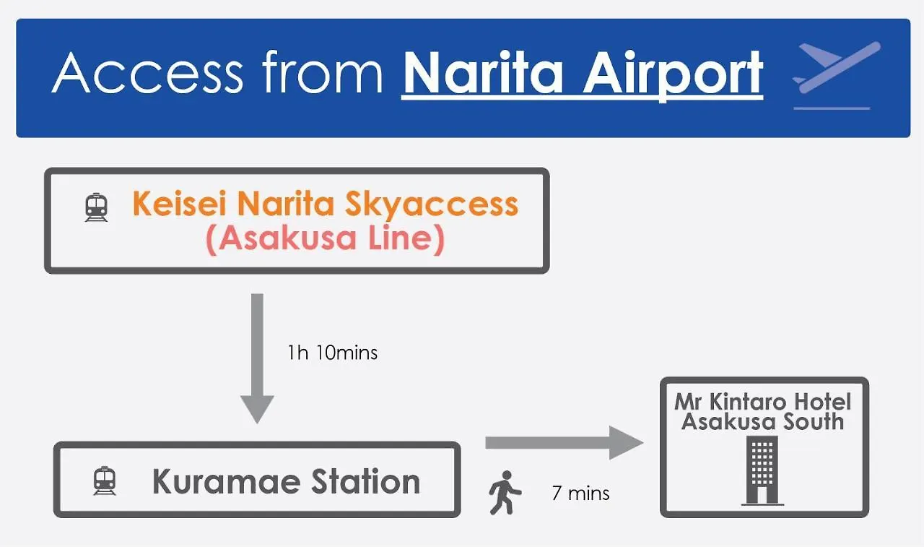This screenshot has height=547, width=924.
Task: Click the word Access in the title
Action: click(x=148, y=73)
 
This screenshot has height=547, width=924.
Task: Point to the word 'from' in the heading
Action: click(x=322, y=73)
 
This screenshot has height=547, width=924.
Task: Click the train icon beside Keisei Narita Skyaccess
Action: click(x=96, y=208)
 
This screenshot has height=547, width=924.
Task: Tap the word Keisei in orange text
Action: click(x=180, y=204)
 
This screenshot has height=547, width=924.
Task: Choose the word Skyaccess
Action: click(x=431, y=205)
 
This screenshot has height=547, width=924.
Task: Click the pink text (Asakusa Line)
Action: click(x=325, y=239)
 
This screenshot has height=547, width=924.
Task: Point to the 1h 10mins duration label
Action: click(x=332, y=353)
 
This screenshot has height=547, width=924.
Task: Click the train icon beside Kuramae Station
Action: click(x=105, y=481)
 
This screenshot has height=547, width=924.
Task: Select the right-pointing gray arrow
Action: click(x=564, y=442)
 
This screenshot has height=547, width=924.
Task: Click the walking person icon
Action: click(x=505, y=493)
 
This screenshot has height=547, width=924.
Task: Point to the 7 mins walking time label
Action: click(x=580, y=494)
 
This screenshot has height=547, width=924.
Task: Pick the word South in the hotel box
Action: click(x=811, y=422)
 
